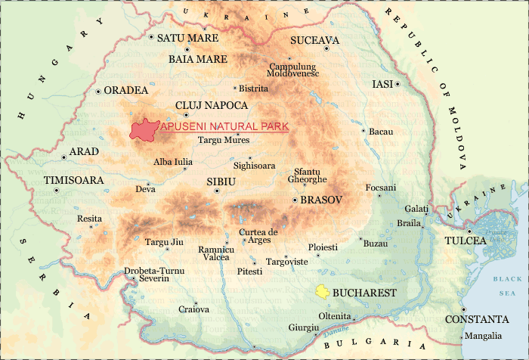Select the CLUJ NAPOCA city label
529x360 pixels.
pyautogui.click(x=211, y=105)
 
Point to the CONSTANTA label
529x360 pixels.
pyautogui.click(x=476, y=319)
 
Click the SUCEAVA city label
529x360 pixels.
pyautogui.click(x=315, y=40)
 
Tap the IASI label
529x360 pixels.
pyautogui.click(x=383, y=84)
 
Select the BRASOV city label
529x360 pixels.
pyautogui.click(x=321, y=200)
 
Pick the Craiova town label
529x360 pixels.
pyautogui.click(x=193, y=309)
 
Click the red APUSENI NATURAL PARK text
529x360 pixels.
pyautogui.click(x=224, y=128)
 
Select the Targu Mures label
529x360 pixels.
pyautogui.click(x=223, y=140)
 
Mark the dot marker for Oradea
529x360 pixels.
pyautogui.click(x=98, y=92)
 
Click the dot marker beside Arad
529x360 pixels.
pyautogui.click(x=63, y=157)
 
